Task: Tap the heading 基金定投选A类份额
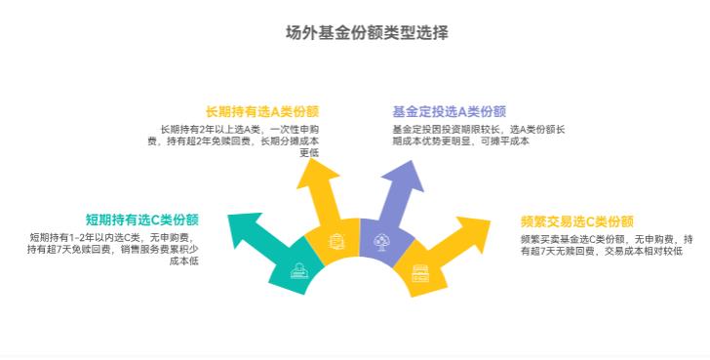click(450, 111)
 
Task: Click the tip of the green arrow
click(230, 217)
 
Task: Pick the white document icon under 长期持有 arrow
click(335, 240)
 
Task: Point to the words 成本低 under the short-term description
click(184, 260)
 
